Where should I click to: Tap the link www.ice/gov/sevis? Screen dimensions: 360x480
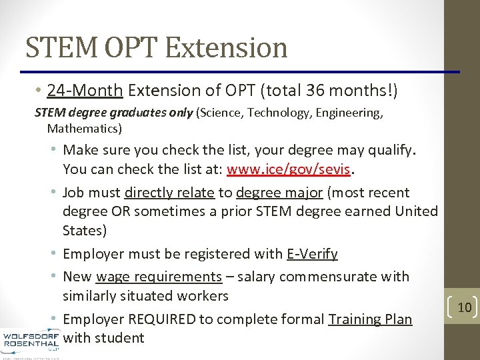[x=289, y=169]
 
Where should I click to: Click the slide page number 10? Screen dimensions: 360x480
[x=465, y=307]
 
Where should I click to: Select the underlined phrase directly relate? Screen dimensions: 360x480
[x=169, y=193]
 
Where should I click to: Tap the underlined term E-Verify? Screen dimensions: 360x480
[x=312, y=254]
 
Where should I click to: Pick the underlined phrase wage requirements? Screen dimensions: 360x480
[x=159, y=276]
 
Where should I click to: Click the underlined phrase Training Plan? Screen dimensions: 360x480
[x=370, y=319]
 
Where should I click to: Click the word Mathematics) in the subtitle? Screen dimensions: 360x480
[x=85, y=127]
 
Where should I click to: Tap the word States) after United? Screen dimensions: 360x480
[x=85, y=231]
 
